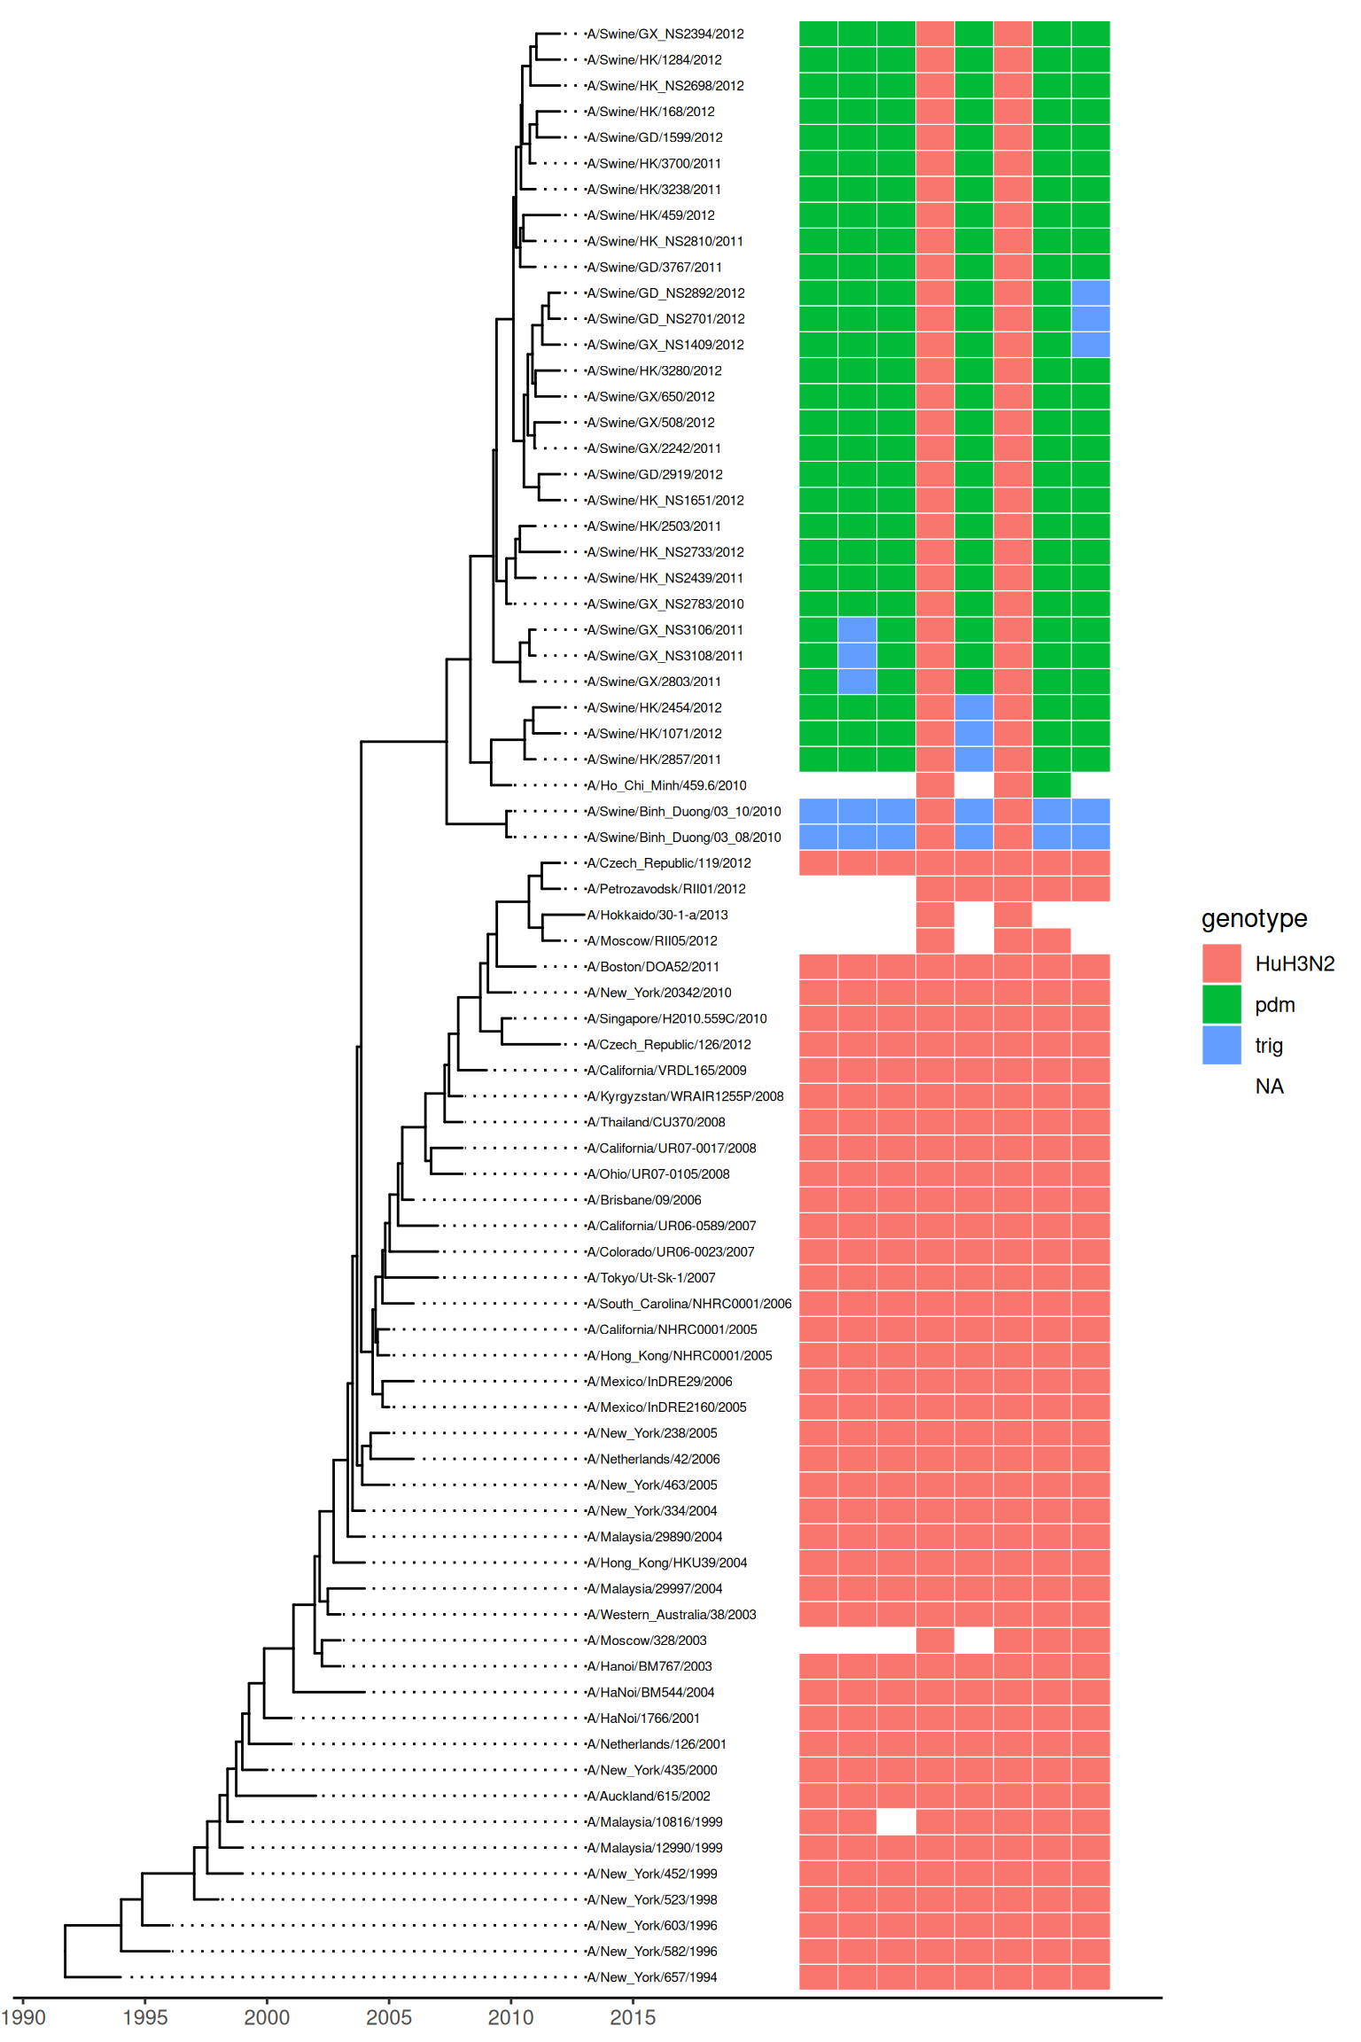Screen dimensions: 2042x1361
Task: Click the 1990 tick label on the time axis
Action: tap(23, 2017)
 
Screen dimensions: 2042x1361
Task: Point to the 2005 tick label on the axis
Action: tap(389, 2017)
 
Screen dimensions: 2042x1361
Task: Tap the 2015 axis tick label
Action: tap(633, 2017)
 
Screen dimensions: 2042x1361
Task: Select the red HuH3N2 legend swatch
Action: tap(1221, 963)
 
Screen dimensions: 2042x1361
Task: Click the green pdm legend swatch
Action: tap(1221, 1004)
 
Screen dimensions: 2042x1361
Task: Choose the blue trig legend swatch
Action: tap(1221, 1045)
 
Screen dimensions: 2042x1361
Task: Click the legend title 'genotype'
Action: tap(1254, 918)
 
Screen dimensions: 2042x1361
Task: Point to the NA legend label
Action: tap(1269, 1087)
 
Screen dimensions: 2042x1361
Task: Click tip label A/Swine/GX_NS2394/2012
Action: tap(665, 35)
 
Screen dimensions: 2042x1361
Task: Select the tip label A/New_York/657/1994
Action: tap(651, 1977)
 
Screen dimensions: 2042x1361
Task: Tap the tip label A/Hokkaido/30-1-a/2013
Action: tap(657, 915)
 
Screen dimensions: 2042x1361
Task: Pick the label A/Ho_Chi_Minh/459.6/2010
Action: tap(665, 785)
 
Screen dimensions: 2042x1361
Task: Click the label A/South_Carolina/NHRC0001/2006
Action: tap(688, 1304)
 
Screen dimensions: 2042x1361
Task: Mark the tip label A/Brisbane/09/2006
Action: tap(643, 1200)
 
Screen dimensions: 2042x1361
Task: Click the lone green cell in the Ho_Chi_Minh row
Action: tap(1052, 785)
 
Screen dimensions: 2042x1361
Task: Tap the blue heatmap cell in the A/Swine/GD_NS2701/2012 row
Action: tap(1091, 319)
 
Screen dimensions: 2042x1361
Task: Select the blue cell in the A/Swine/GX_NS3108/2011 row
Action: tap(857, 656)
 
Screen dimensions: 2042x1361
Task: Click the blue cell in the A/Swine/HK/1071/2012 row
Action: tap(974, 734)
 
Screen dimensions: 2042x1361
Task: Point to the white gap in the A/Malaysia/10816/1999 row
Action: tap(896, 1822)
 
